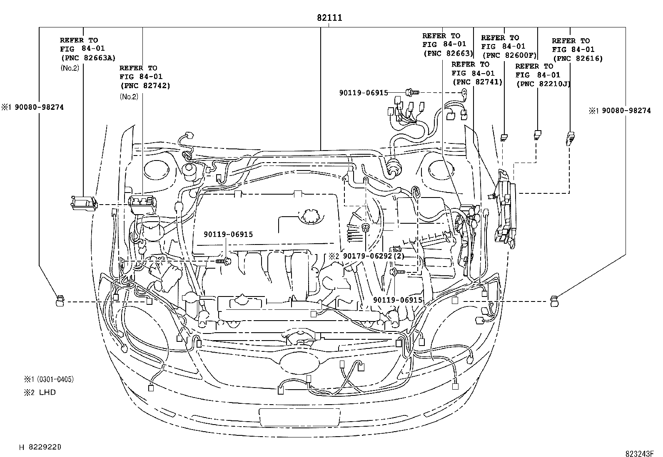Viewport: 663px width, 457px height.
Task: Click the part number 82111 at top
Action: tap(329, 18)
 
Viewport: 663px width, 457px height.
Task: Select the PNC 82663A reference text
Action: tap(88, 58)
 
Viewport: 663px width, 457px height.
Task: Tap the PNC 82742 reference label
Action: tap(145, 86)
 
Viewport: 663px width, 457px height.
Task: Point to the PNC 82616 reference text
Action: tap(577, 59)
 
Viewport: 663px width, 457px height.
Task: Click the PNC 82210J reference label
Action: tap(543, 84)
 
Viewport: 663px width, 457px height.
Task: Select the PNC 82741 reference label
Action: tap(477, 82)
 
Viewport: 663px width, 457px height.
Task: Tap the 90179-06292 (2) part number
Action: tap(366, 256)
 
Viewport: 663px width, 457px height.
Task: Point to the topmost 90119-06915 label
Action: tap(364, 93)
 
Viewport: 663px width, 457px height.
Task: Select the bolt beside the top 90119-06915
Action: tap(409, 93)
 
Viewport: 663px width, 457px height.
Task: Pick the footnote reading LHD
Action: tap(47, 392)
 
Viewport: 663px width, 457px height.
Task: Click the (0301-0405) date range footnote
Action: tap(55, 379)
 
